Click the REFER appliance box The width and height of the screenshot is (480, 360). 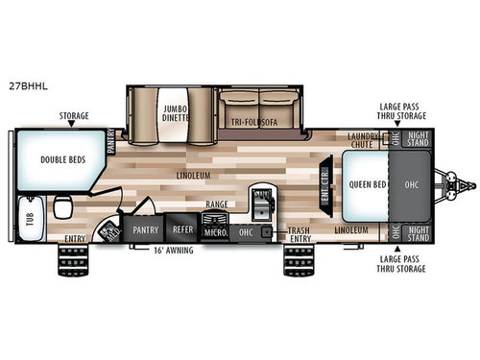[182, 230]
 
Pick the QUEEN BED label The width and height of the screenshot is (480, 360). [367, 183]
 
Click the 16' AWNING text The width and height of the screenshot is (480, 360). [173, 250]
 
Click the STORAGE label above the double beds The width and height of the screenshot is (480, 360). [73, 115]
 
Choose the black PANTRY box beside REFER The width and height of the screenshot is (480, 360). [146, 230]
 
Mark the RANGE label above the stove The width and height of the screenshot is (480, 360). [215, 205]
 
